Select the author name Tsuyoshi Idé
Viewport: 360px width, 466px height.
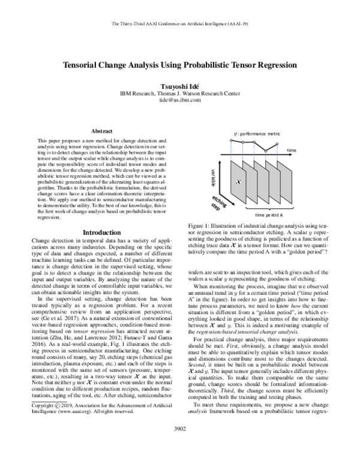[x=179, y=86]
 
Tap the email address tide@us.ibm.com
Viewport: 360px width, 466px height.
[x=179, y=101]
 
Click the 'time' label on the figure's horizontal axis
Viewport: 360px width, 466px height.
[x=292, y=150]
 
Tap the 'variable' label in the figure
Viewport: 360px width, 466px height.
[x=213, y=179]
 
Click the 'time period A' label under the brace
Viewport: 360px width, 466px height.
[x=269, y=214]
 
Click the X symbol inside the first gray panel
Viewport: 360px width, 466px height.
[x=238, y=181]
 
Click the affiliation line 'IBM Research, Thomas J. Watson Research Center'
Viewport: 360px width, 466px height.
[x=179, y=94]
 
